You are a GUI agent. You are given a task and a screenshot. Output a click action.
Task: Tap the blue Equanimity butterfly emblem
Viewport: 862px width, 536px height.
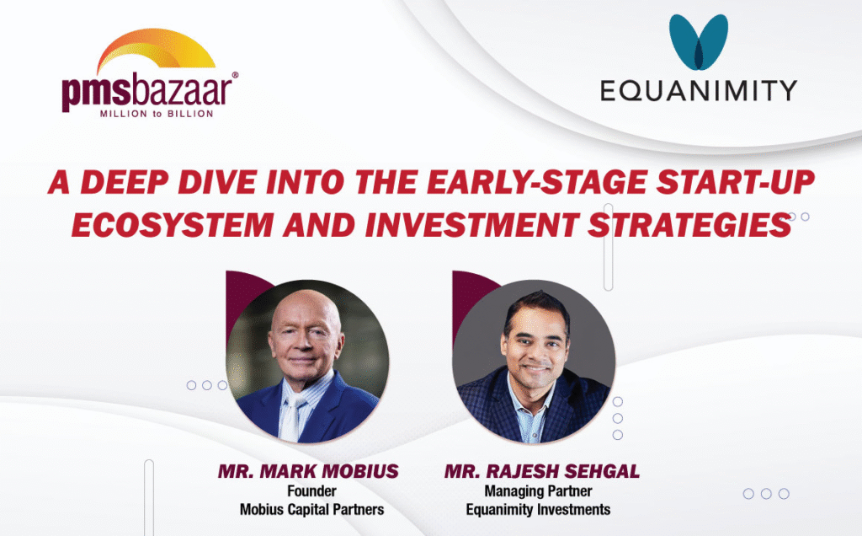click(x=698, y=42)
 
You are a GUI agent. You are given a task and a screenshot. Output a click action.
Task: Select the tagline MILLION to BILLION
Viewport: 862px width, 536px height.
click(x=157, y=114)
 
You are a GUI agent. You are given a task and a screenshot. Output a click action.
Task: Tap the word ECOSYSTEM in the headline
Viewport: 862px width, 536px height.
click(x=173, y=225)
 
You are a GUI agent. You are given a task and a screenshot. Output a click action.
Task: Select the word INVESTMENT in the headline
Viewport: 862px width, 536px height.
click(x=471, y=225)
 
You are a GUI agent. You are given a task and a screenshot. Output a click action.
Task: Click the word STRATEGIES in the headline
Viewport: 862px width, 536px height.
click(x=689, y=225)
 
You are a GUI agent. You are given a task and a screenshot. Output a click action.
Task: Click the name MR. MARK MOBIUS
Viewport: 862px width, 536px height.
click(x=308, y=472)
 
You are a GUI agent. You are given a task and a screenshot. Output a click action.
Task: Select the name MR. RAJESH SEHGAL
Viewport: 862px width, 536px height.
click(x=542, y=472)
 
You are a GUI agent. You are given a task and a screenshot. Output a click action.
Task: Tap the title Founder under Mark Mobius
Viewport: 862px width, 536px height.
click(x=311, y=490)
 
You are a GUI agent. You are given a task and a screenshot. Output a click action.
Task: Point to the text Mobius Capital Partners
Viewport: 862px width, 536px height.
click(x=311, y=510)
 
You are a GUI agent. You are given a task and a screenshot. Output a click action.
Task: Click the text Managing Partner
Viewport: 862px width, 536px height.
click(x=538, y=490)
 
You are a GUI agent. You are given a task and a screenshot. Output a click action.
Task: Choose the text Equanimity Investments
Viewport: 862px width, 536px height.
click(x=538, y=510)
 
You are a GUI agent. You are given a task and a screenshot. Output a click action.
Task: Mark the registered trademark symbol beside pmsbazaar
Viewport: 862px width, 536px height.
click(x=236, y=75)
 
